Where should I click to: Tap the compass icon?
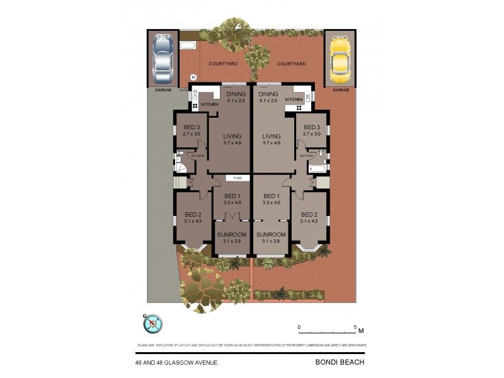point(153,324)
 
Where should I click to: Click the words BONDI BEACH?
point(340,362)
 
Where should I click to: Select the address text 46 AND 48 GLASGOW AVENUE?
point(176,362)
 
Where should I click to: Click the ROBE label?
point(238,178)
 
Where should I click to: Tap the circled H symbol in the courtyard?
point(193,77)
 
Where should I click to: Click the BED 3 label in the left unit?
point(191,127)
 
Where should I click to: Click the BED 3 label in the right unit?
point(312,127)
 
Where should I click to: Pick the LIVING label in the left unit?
point(232,136)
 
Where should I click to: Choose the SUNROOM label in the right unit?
point(271,234)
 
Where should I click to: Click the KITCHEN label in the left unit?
point(210,104)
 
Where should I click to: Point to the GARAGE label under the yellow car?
point(340,90)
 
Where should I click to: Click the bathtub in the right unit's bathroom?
point(317,169)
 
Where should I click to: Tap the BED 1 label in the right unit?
point(271,195)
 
